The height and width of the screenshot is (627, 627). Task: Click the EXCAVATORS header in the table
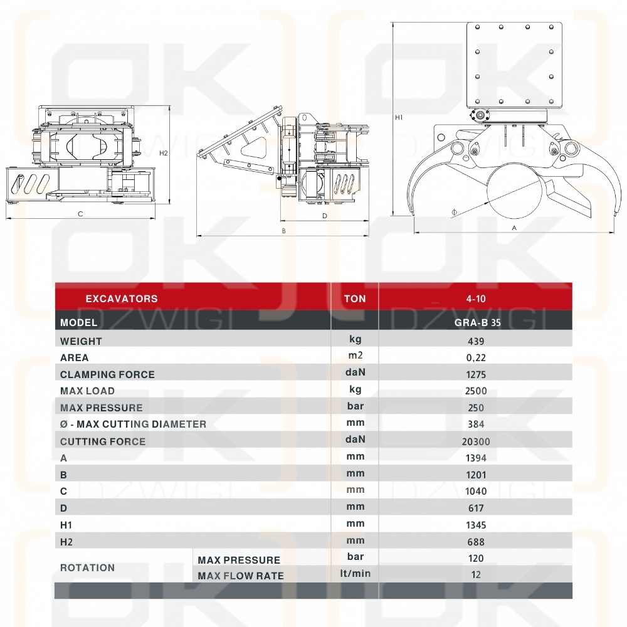pos(122,298)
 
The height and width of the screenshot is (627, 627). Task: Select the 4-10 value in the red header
pos(476,298)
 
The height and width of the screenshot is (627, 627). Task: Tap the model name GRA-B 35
pos(477,323)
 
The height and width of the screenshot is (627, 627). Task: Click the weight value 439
pos(476,342)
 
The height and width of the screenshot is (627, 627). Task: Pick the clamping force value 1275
pos(476,375)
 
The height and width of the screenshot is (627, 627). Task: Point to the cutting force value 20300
pos(476,441)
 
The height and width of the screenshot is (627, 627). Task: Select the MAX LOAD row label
pos(87,391)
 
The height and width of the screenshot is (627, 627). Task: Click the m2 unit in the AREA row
pos(355,356)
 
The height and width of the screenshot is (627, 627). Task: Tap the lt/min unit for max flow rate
pos(355,574)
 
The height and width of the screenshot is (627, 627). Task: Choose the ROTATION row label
pos(87,568)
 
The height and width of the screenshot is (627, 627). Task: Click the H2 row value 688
pos(476,542)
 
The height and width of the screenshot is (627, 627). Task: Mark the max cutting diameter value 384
pos(476,424)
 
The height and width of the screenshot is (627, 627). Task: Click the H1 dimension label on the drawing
pos(399,117)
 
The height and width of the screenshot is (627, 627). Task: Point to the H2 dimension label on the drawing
pos(164,153)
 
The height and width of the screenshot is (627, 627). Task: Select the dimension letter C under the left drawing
pos(80,214)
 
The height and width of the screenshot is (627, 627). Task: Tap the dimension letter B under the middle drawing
pos(284,231)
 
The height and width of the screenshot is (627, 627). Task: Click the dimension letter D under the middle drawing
pos(325,216)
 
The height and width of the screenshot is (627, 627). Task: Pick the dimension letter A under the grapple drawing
pos(514,228)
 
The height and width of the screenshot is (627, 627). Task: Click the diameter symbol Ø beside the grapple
pos(454,213)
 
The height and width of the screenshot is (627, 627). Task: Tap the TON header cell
pos(355,298)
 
